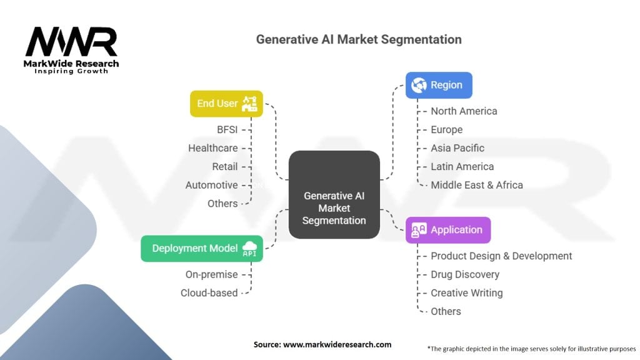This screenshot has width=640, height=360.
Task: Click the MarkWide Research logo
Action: pos(71,49)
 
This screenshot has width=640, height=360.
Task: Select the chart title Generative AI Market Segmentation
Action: pos(359,39)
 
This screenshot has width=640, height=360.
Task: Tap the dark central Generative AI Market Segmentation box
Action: pos(334,194)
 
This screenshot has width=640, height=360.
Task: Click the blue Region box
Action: pos(439,85)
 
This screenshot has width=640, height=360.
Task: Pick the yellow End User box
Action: pos(226,104)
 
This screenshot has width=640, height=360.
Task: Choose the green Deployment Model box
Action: pos(202,248)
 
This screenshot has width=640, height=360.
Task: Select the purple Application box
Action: pos(448,229)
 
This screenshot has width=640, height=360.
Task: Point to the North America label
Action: pos(464,111)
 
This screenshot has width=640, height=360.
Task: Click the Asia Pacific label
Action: pos(457,148)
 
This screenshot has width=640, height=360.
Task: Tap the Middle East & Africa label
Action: pos(477,185)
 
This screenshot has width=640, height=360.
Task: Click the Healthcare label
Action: pos(213,148)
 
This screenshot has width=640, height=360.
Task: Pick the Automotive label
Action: pos(212,185)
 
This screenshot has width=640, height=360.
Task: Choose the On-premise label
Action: pos(212,274)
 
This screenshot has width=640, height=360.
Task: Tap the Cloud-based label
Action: pos(209,292)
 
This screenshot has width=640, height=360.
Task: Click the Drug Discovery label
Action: pos(465,274)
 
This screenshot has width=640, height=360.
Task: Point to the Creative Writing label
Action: pos(467,292)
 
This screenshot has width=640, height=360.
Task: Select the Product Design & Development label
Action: pos(501,256)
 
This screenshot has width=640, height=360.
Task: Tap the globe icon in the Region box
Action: pos(419,85)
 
